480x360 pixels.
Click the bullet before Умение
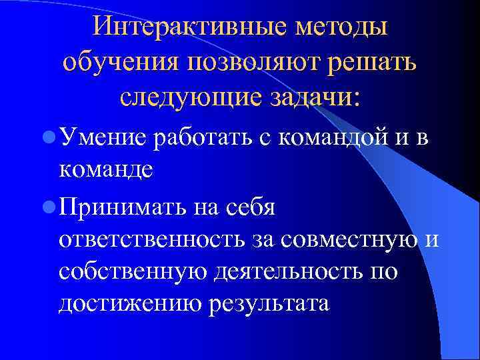click(47, 137)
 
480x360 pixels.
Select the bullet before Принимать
click(47, 207)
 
